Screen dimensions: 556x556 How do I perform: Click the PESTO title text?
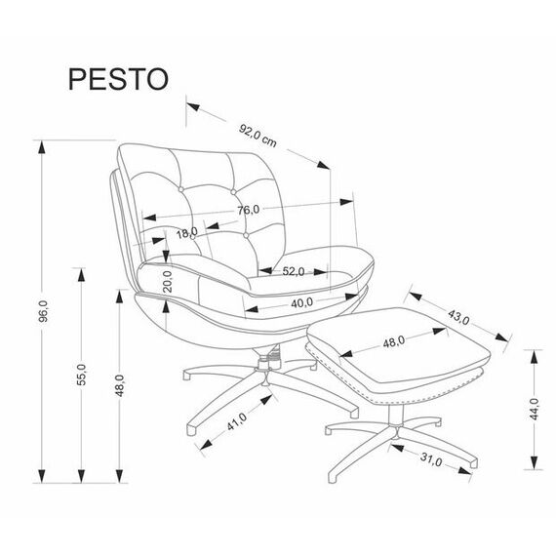point(118,79)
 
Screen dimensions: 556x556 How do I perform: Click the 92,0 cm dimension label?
point(258,136)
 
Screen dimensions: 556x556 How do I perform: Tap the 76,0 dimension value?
point(249,211)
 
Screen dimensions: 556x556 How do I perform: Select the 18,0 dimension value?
point(187,233)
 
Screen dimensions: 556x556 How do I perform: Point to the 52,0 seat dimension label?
point(294,271)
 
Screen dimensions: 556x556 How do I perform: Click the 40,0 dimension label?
point(301,302)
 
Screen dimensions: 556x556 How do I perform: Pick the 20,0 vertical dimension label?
point(168,281)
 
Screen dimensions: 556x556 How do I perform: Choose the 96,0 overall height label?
point(43,311)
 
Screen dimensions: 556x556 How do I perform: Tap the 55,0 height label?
point(82,375)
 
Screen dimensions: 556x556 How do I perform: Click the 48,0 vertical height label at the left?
point(120,385)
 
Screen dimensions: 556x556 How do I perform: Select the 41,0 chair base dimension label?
point(237,421)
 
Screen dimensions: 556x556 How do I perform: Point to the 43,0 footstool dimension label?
point(458,317)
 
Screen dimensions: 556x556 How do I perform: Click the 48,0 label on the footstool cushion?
point(394,341)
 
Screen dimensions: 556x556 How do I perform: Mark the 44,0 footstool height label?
point(534,409)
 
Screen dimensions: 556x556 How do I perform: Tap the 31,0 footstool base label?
point(431,459)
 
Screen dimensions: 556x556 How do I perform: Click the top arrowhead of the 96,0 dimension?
point(42,147)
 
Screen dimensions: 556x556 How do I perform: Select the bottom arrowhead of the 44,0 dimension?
point(534,462)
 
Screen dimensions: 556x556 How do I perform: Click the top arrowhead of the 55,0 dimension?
point(82,274)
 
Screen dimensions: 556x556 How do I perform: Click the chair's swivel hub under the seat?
point(268,363)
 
